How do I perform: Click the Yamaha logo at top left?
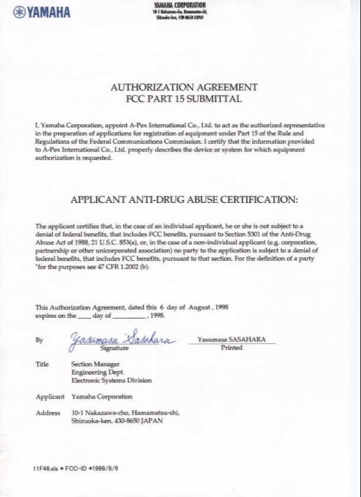(x=41, y=12)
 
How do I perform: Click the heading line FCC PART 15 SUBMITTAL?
(x=184, y=99)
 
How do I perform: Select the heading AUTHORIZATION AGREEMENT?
(x=184, y=88)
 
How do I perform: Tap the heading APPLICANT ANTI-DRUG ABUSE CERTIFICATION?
(x=184, y=200)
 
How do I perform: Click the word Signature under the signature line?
(x=116, y=348)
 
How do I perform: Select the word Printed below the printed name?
(x=231, y=347)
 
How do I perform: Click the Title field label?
(x=42, y=364)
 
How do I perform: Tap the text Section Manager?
(x=95, y=364)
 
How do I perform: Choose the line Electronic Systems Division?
(x=111, y=381)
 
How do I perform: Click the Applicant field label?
(x=50, y=396)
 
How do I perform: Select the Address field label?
(x=48, y=412)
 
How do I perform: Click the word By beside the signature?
(x=39, y=340)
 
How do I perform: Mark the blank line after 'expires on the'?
(x=85, y=317)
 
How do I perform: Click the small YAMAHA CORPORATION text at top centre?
(x=180, y=5)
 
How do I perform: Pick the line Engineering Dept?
(x=98, y=373)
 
